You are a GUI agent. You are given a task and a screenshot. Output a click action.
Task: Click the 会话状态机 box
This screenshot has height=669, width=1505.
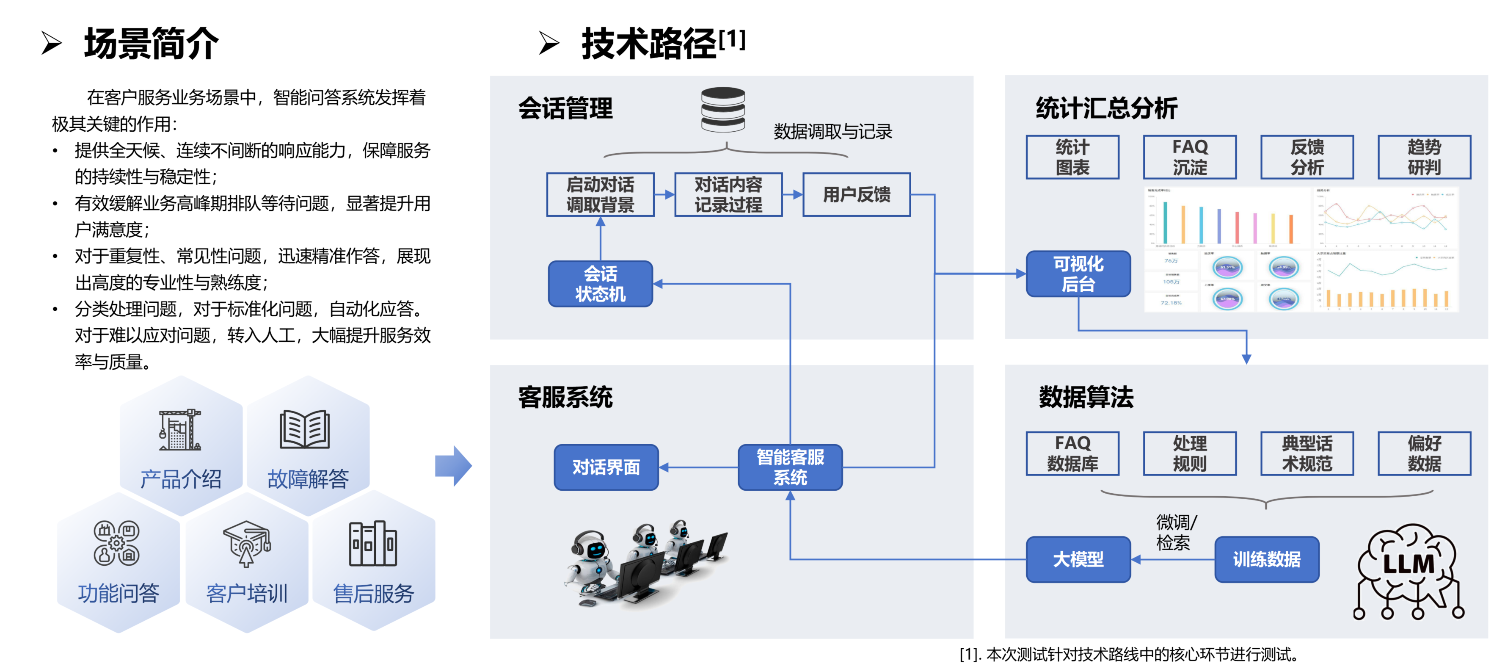600,284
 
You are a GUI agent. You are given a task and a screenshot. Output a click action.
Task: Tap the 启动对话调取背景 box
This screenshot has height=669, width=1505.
600,195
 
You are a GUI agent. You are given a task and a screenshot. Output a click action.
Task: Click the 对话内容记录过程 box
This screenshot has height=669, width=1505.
728,195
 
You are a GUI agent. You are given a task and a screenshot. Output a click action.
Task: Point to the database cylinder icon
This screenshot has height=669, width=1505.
723,109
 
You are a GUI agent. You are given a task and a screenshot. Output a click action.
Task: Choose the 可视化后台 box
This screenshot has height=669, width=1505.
1078,274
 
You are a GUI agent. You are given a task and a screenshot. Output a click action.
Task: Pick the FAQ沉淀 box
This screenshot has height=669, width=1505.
1190,157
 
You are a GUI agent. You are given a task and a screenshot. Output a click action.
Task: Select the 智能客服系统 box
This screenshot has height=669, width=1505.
790,467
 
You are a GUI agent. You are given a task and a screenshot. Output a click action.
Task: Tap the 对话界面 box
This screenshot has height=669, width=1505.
606,467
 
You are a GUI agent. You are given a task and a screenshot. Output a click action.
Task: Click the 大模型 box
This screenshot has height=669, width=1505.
1078,559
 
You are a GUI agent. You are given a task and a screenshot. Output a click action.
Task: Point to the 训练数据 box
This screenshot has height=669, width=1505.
1266,559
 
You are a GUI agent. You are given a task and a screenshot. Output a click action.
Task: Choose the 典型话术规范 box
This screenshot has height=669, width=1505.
1307,453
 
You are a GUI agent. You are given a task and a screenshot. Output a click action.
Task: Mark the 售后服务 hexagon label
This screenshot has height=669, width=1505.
373,594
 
